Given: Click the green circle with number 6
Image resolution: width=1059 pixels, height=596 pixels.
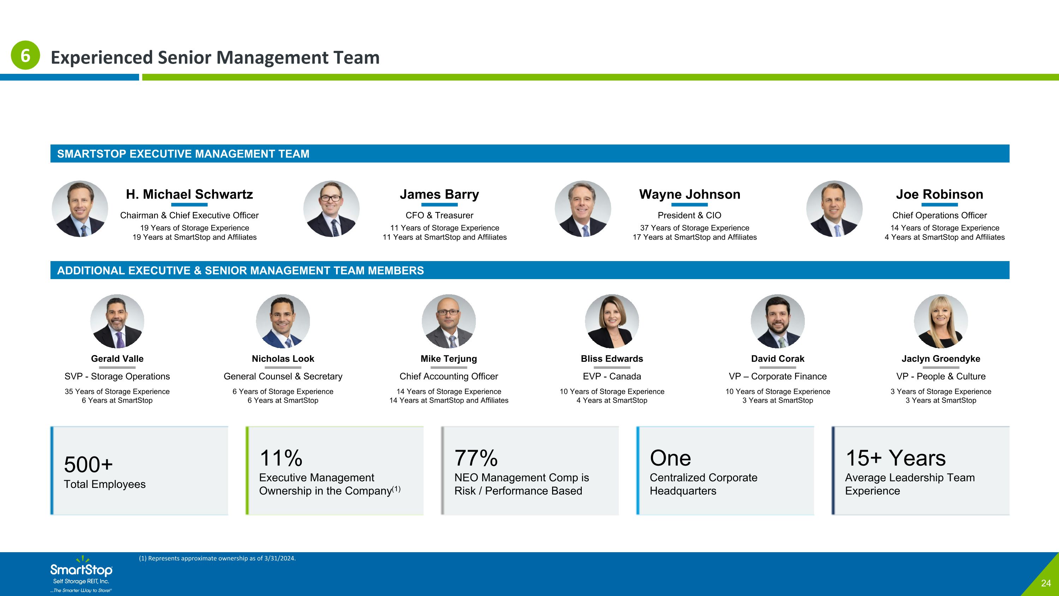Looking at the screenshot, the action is pos(25,55).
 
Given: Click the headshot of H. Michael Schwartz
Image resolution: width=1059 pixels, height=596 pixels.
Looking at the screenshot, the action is pos(80,208).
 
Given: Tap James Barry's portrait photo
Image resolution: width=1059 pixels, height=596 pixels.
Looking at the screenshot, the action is pos(331,208).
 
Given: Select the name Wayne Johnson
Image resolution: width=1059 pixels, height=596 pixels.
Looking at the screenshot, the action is pos(690,194).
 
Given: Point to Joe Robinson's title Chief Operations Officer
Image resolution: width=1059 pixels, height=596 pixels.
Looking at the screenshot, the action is pos(939,215).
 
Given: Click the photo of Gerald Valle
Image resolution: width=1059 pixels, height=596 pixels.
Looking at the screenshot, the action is pos(117,321).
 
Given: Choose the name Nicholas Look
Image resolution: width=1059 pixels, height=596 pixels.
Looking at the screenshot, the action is pos(283,359).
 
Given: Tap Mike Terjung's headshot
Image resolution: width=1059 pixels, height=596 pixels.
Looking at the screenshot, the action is pos(449,321).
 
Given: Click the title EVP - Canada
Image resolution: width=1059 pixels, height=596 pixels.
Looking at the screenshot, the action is pos(612,376).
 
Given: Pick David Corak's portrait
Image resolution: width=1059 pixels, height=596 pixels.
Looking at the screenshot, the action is pos(778,321).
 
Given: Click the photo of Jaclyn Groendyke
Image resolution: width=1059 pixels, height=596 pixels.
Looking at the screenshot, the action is pos(941,321).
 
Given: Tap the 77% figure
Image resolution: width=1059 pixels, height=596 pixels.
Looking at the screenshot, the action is pos(476,458).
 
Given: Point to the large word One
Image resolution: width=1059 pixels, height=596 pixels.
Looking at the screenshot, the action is pos(670,458).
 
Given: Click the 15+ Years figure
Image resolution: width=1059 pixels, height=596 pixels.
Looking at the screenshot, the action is pos(895,458).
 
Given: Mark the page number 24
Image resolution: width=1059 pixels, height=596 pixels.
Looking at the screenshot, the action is pos(1046,583).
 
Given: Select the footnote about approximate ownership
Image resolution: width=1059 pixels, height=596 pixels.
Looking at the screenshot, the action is pos(217,558).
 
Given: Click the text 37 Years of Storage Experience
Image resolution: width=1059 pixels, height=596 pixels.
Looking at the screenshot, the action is pos(695,228).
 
